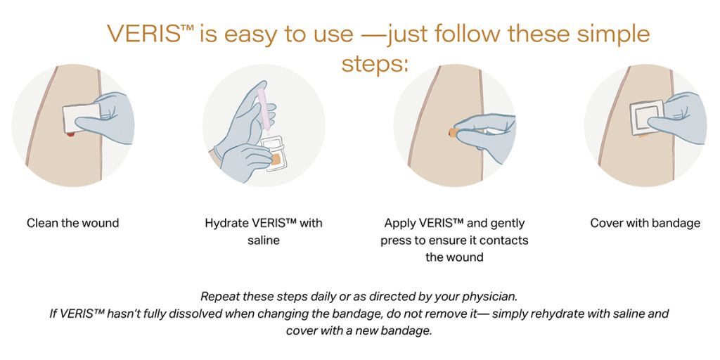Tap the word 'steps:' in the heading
tap(375, 64)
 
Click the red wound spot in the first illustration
tap(70, 134)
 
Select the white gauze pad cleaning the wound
tap(81, 118)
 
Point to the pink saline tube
tap(264, 107)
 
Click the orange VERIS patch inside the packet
tap(276, 160)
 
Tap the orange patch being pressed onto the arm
tap(454, 133)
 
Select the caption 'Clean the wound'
tap(73, 223)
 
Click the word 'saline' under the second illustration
tap(264, 240)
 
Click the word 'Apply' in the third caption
tap(401, 224)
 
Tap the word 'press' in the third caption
tap(397, 240)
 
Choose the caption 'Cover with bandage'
tap(645, 223)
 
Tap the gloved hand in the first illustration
tap(107, 120)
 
